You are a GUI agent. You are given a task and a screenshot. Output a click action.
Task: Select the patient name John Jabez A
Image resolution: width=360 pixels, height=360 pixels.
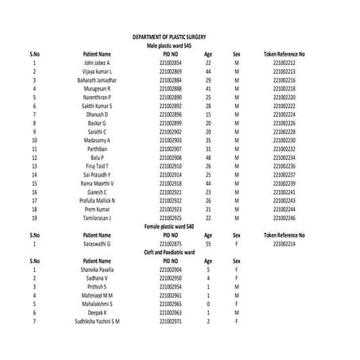pyautogui.click(x=97, y=62)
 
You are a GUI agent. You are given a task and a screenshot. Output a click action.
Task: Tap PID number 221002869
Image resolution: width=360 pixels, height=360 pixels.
pyautogui.click(x=170, y=72)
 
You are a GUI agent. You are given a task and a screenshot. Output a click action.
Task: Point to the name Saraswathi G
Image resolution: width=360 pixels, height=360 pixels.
pyautogui.click(x=97, y=244)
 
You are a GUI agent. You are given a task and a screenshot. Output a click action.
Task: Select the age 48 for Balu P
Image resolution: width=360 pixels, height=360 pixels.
pyautogui.click(x=208, y=157)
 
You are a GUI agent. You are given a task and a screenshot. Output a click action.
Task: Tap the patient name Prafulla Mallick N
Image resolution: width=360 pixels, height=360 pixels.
pyautogui.click(x=97, y=200)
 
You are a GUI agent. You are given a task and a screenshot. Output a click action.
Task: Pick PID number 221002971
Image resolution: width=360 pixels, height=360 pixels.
pyautogui.click(x=170, y=320)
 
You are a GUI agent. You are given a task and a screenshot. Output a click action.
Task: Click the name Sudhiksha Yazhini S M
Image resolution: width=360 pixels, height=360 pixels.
pyautogui.click(x=97, y=320)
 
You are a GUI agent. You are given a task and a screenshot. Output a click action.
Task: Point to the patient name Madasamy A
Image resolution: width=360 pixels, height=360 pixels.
pyautogui.click(x=97, y=140)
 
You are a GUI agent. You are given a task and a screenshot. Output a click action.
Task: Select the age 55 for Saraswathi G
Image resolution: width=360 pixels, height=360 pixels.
pyautogui.click(x=208, y=244)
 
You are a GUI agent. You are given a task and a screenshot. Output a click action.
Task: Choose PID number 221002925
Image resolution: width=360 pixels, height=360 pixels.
pyautogui.click(x=170, y=217)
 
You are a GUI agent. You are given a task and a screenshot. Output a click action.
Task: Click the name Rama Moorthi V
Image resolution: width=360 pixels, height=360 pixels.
pyautogui.click(x=97, y=183)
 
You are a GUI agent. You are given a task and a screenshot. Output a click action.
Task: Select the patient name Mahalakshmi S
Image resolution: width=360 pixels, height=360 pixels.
pyautogui.click(x=97, y=304)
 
